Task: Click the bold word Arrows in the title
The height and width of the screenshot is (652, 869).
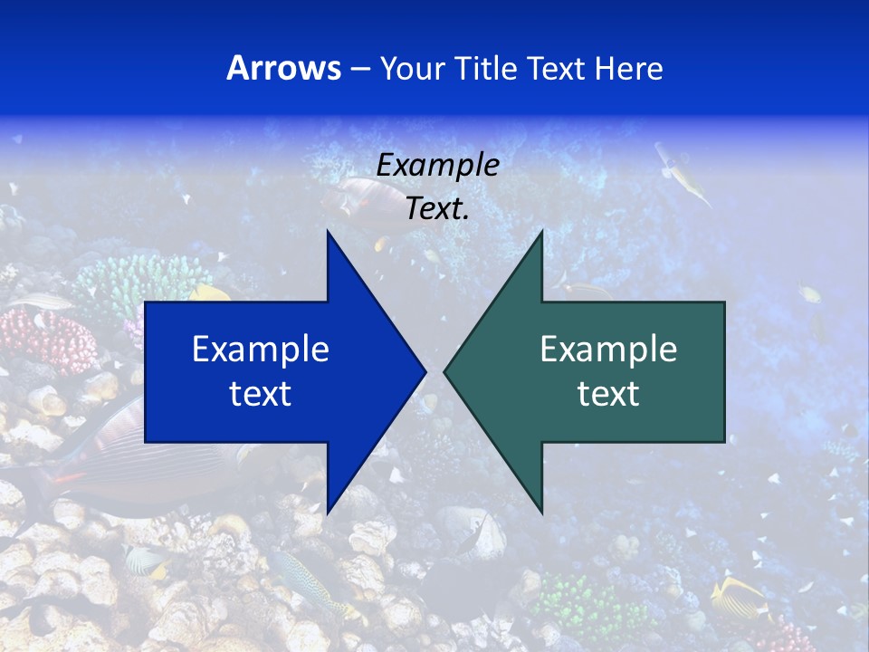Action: [x=283, y=68]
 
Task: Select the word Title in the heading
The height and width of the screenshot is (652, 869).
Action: [x=489, y=69]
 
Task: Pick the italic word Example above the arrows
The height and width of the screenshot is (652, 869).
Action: [x=437, y=166]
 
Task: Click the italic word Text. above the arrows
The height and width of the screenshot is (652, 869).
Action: [x=437, y=208]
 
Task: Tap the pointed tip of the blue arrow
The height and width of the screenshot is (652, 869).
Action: [x=424, y=371]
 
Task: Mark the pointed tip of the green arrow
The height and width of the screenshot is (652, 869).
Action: [x=446, y=371]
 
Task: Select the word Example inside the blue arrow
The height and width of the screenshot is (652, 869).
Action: [x=261, y=350]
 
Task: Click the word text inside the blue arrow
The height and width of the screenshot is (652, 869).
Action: [x=261, y=394]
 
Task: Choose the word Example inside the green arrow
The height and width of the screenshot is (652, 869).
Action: [x=608, y=350]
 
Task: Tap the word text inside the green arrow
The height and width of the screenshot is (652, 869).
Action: [x=608, y=394]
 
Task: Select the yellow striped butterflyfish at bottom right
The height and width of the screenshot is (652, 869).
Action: [x=738, y=598]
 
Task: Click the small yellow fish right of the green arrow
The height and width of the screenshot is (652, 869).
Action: [x=808, y=293]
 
